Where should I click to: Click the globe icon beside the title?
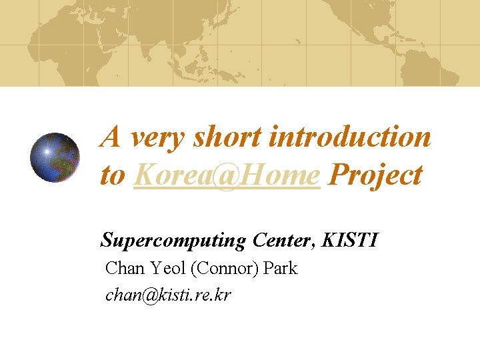point(55,157)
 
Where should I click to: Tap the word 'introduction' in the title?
point(350,138)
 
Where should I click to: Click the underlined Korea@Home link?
point(227,176)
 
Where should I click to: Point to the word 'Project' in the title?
point(376,176)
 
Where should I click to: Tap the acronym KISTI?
point(349,239)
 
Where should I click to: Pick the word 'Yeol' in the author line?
point(164,269)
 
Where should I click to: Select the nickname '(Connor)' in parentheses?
point(225,269)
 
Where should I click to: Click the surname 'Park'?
point(281,269)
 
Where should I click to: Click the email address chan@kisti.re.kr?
point(168,295)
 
